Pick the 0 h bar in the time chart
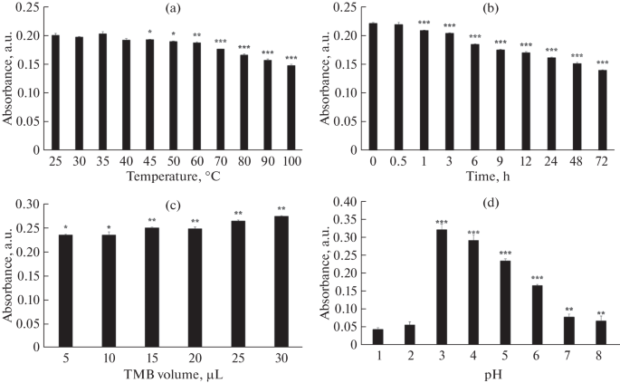(x=374, y=87)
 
